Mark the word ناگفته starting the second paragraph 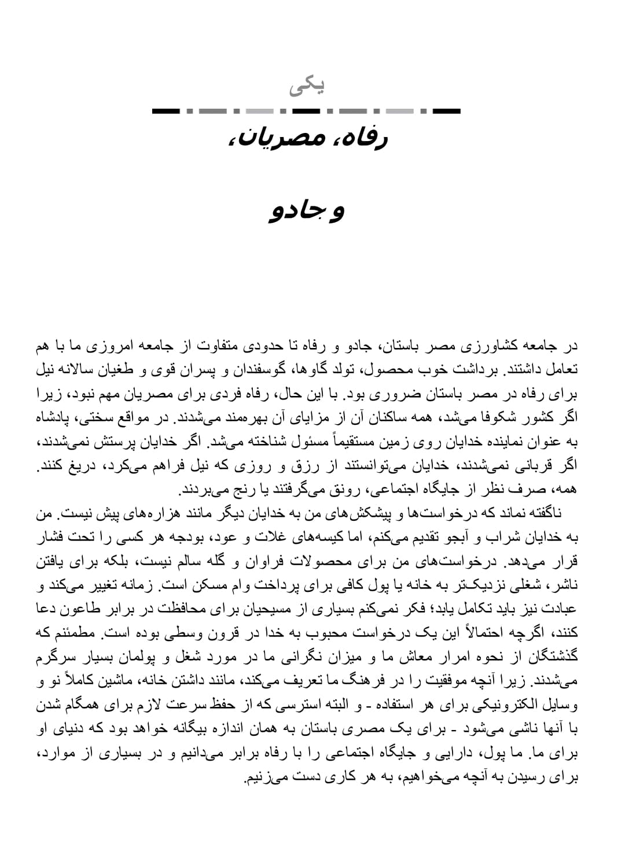tap(537, 513)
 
